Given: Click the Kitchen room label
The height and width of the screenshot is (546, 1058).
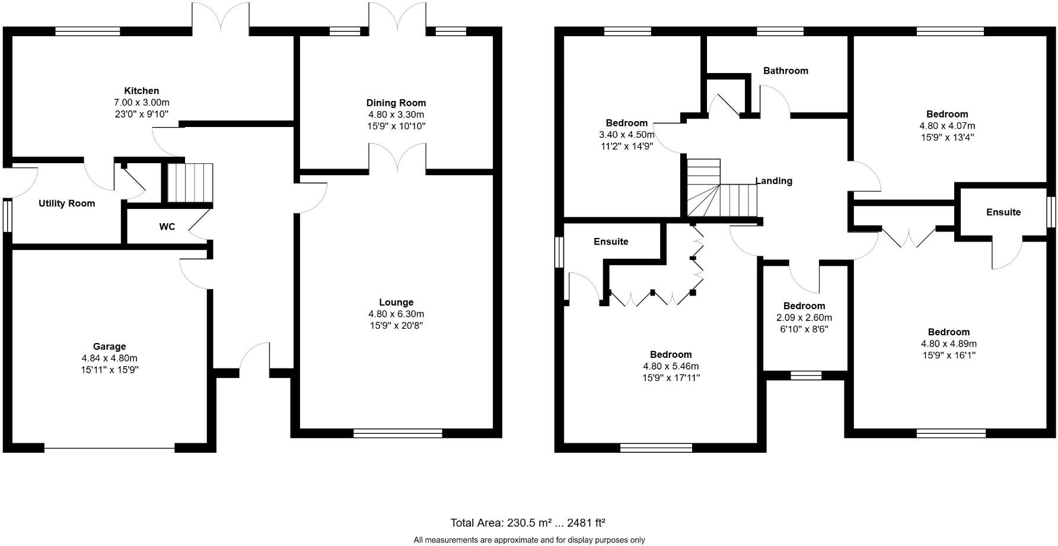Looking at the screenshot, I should (141, 91).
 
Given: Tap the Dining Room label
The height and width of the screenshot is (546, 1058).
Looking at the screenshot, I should (396, 103).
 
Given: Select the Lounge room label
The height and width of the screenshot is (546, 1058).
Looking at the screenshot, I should (396, 303).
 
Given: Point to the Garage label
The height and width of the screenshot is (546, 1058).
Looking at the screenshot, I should (110, 347).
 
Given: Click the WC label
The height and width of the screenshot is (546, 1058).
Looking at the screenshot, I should (167, 227).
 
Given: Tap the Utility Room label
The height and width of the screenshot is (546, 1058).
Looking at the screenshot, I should (67, 204).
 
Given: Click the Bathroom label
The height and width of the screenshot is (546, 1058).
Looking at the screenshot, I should (786, 71).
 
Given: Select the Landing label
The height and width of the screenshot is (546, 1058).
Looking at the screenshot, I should (774, 181).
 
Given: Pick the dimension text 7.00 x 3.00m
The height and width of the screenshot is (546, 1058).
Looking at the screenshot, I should (141, 103).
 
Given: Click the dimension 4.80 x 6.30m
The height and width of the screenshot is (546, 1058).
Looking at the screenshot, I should (396, 314).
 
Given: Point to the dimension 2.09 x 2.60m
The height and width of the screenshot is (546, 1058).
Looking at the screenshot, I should (804, 318).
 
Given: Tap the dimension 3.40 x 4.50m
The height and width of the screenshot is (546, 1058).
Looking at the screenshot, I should (627, 135).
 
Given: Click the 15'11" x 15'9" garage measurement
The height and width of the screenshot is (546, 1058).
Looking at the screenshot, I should (110, 370).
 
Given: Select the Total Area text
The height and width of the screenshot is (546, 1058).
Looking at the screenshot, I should (528, 523).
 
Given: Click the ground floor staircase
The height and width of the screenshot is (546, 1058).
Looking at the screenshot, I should (189, 184).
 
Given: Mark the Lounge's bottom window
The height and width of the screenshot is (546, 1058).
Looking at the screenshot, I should (398, 434).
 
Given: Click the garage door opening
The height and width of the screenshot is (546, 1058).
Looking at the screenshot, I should (110, 449).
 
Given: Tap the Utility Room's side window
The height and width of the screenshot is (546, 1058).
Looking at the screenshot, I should (8, 215).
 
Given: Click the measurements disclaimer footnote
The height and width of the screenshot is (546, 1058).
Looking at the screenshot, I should (529, 540).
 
